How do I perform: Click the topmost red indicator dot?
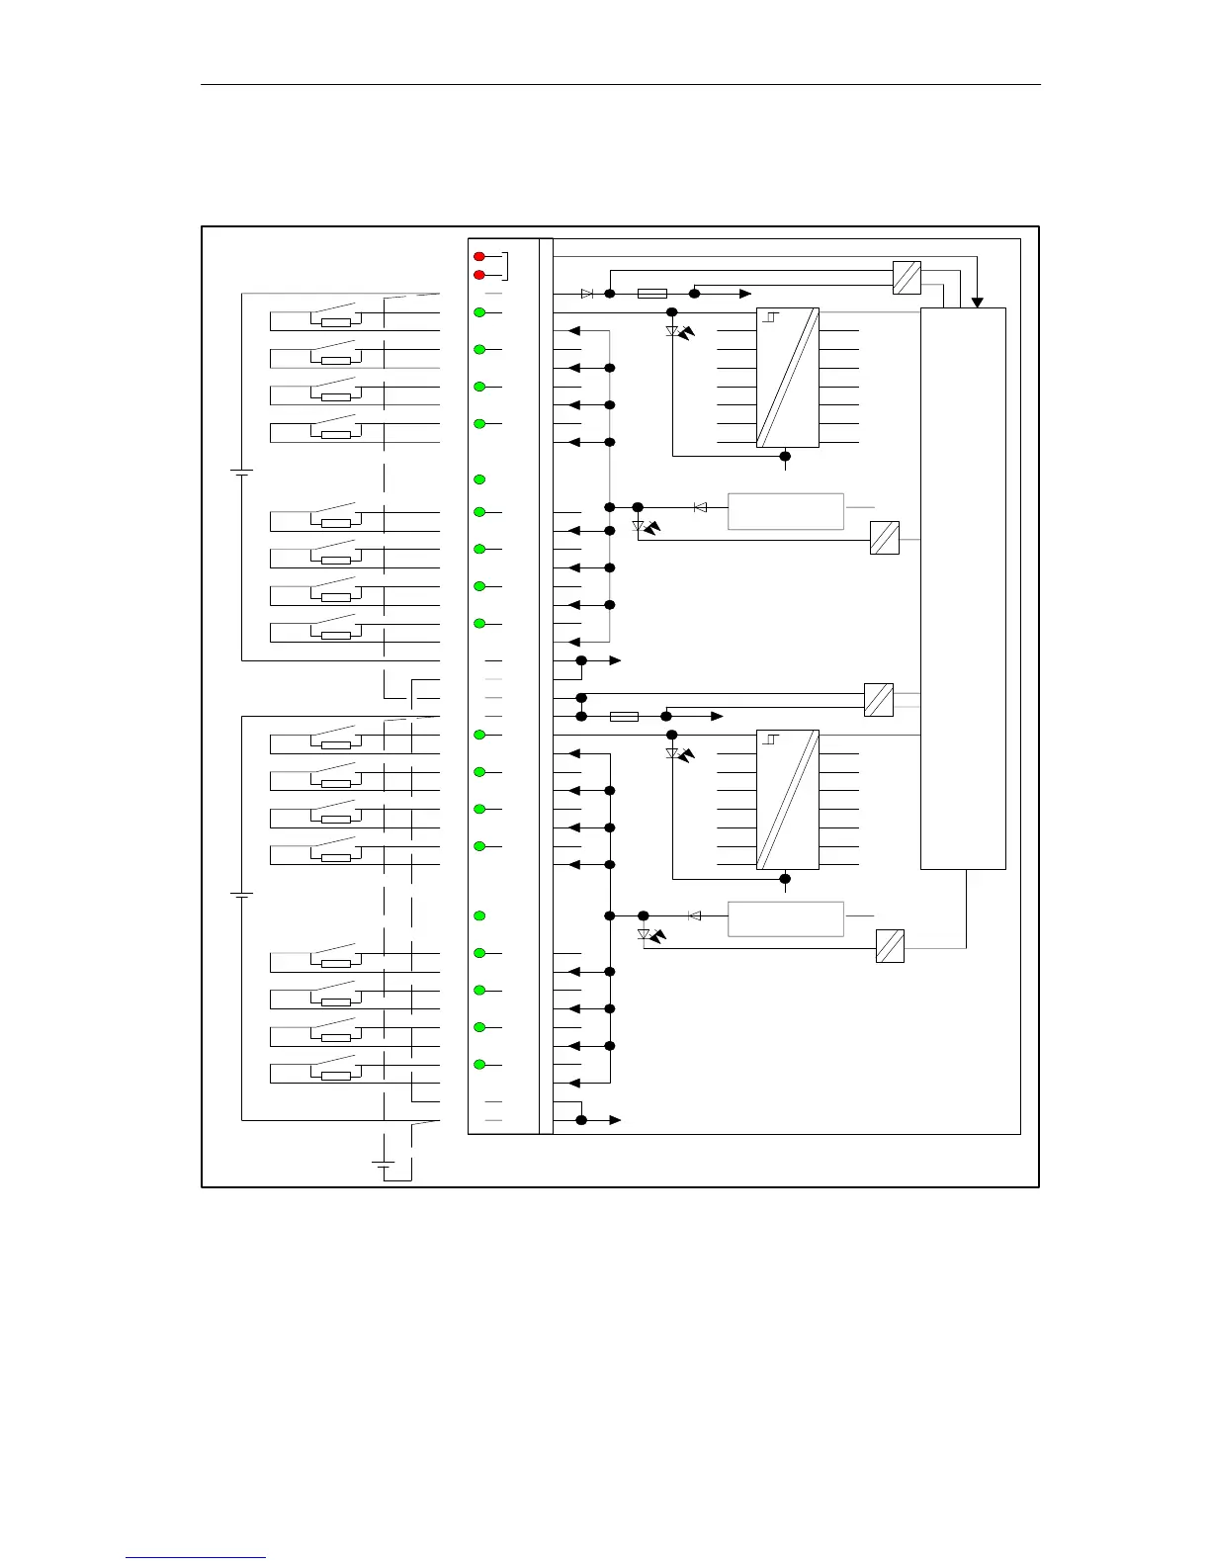[x=479, y=257]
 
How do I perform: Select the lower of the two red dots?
[x=479, y=275]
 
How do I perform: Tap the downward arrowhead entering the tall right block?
[x=977, y=303]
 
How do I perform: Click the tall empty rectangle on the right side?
[x=963, y=588]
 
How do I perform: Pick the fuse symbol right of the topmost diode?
[x=652, y=294]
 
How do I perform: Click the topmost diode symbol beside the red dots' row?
[x=587, y=294]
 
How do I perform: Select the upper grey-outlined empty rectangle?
[x=786, y=511]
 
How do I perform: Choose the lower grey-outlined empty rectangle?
[x=786, y=918]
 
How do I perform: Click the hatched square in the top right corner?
[x=907, y=277]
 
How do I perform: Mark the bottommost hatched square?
[x=891, y=946]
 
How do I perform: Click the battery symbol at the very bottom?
[x=384, y=1164]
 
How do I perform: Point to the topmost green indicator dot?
[x=479, y=312]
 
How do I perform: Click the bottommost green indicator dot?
[x=479, y=1065]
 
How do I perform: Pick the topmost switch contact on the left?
[x=336, y=316]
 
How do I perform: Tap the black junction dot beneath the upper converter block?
[x=785, y=456]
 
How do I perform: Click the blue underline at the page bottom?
[x=196, y=1557]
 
